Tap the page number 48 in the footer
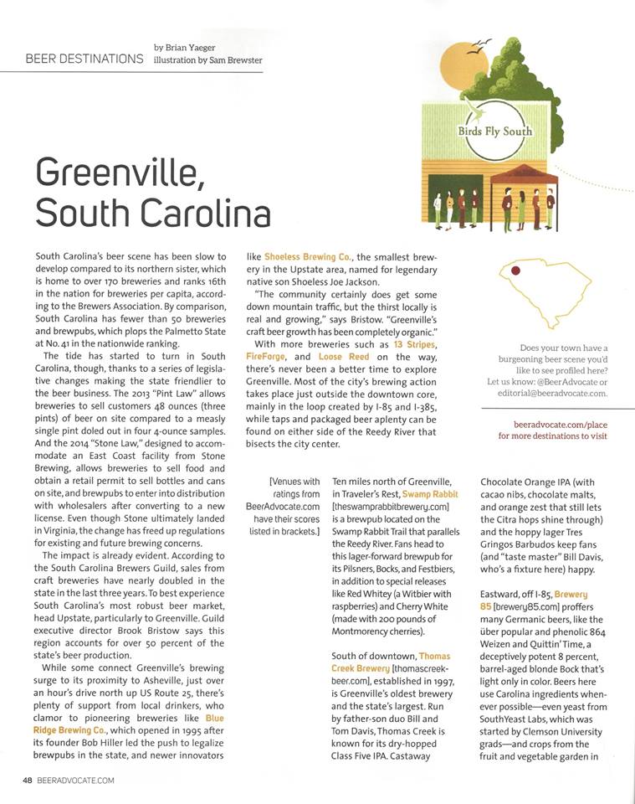pyautogui.click(x=28, y=781)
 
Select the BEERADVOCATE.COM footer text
pyautogui.click(x=75, y=781)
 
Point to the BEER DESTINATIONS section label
pyautogui.click(x=84, y=59)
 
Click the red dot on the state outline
pyautogui.click(x=516, y=271)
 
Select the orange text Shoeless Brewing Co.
pyautogui.click(x=305, y=256)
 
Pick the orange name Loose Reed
pyautogui.click(x=343, y=357)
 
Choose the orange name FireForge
pyautogui.click(x=267, y=357)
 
